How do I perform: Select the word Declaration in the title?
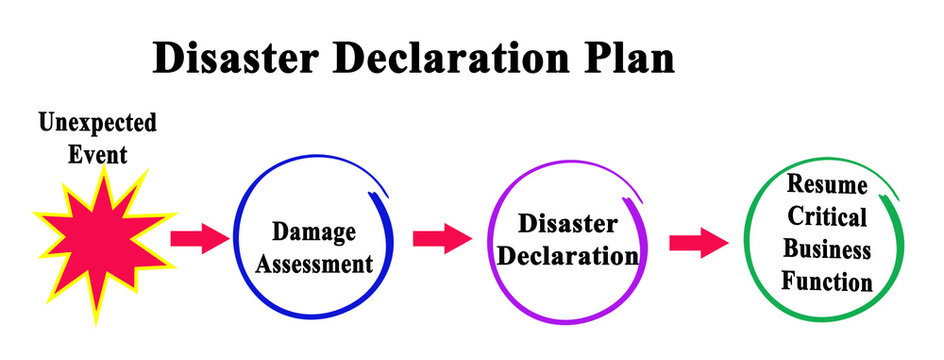(451, 59)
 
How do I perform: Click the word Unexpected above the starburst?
(98, 124)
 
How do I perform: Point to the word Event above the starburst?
(98, 155)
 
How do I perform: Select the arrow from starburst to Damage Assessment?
(199, 239)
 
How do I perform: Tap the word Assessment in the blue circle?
(314, 264)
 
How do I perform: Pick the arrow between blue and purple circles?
(441, 238)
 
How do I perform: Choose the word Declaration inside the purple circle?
(568, 255)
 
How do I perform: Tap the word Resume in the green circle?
(826, 184)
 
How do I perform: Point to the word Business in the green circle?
(826, 249)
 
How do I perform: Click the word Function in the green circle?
(826, 282)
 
